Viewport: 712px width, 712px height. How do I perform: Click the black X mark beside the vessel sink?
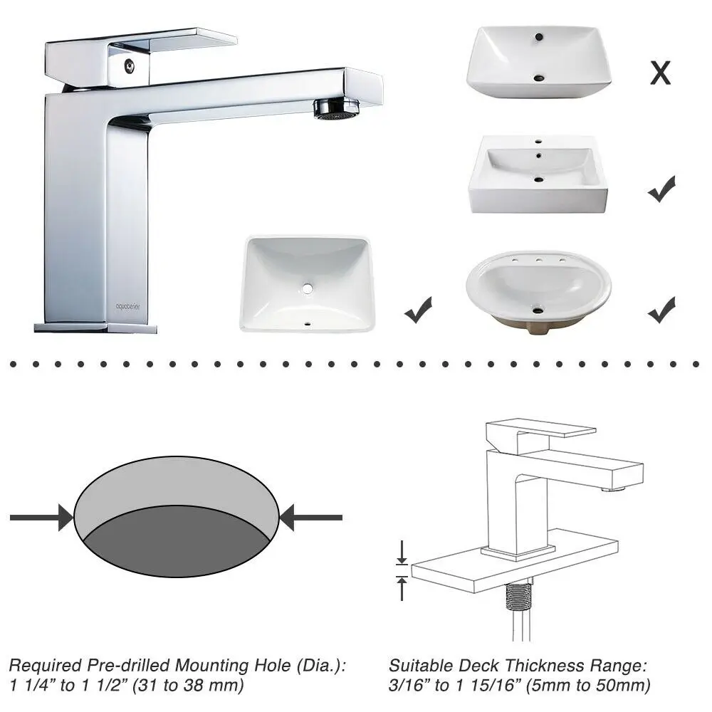point(660,73)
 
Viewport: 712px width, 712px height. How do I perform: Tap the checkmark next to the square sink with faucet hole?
point(661,189)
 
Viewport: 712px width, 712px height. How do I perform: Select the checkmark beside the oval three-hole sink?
point(661,310)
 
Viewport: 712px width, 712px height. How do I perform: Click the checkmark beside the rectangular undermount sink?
point(418,310)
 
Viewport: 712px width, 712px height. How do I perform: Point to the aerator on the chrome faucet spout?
point(337,109)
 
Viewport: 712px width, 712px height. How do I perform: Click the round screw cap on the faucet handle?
point(130,66)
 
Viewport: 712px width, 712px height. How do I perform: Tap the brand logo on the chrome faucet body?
point(128,306)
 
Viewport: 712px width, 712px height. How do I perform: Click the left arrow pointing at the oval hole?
point(41,517)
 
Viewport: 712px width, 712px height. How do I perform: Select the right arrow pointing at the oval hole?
point(311,517)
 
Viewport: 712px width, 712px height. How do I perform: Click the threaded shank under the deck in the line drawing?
point(518,596)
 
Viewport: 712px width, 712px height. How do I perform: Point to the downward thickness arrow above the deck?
point(402,553)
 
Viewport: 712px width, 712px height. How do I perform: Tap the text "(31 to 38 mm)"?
point(188,685)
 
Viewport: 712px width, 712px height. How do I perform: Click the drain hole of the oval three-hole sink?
point(538,311)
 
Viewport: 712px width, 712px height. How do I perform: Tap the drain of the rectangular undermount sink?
point(308,288)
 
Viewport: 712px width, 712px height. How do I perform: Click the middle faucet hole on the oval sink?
point(538,260)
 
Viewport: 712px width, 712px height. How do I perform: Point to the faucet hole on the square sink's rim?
point(538,141)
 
